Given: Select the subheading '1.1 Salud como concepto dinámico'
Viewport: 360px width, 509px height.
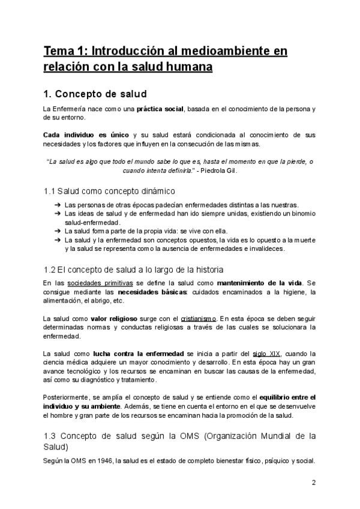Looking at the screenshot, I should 109,191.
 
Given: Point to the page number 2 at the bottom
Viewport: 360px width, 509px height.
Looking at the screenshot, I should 313,482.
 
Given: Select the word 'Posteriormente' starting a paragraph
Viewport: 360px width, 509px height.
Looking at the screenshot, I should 65,397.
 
